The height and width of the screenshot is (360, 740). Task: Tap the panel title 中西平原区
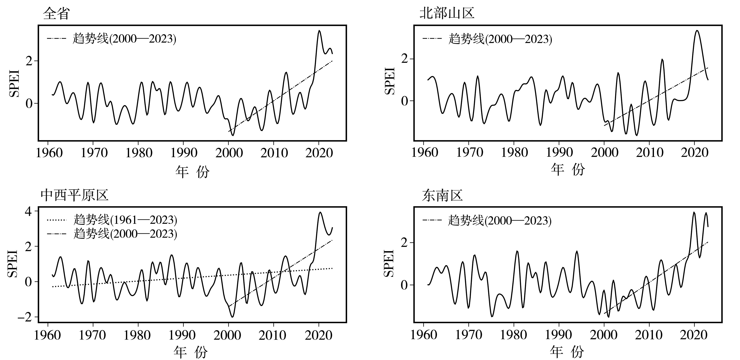(x=74, y=195)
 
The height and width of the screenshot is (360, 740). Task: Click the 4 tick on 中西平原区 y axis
(x=29, y=211)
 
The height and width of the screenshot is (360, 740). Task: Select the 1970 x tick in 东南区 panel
(x=468, y=335)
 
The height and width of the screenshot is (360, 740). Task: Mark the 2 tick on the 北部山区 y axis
(x=405, y=59)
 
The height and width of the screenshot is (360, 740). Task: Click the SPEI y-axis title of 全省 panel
(x=14, y=83)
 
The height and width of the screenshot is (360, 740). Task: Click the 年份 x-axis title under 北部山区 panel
(x=568, y=169)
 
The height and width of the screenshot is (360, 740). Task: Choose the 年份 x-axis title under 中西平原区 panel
(x=191, y=352)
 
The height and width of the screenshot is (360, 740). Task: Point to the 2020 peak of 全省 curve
(x=319, y=31)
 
